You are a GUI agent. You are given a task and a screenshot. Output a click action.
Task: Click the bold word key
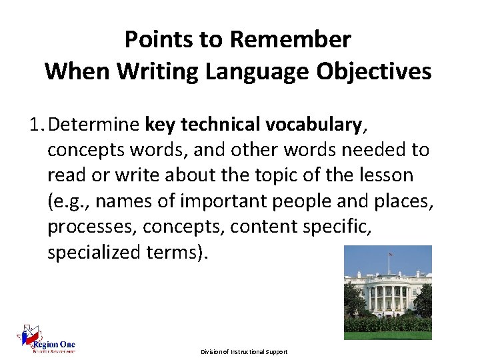coord(159,125)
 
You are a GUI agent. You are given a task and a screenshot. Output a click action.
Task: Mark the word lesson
coord(389,175)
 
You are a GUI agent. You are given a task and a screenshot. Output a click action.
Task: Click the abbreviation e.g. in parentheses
coord(73,201)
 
